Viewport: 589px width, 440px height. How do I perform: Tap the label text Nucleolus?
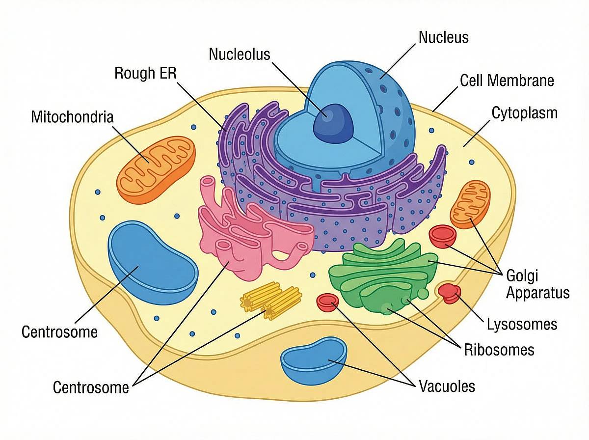[x=240, y=54]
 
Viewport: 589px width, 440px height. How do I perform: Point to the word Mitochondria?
[x=72, y=117]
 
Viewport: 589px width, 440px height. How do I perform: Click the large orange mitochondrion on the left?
[x=157, y=170]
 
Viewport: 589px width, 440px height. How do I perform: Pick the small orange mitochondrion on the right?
[x=470, y=204]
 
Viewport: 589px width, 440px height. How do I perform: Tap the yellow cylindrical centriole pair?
[x=271, y=300]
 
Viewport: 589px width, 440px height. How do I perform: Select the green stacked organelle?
[x=383, y=277]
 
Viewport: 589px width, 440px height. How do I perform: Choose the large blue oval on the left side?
[x=153, y=263]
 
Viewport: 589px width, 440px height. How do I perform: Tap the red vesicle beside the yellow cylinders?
[x=328, y=302]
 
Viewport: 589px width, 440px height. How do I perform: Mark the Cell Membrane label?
[x=507, y=80]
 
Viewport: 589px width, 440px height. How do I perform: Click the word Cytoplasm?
[x=524, y=113]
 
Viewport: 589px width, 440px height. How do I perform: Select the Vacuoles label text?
[x=447, y=386]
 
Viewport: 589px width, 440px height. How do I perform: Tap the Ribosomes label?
[x=499, y=350]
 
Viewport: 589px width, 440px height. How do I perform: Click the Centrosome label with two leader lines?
[x=91, y=387]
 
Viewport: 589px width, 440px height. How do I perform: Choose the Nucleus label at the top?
[x=443, y=37]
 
